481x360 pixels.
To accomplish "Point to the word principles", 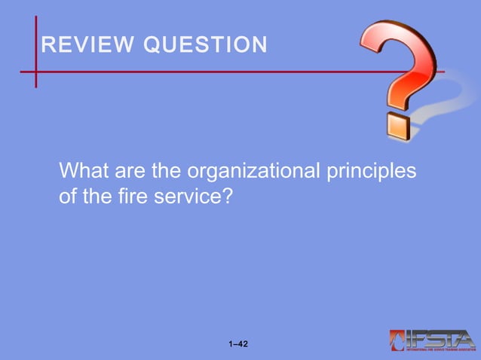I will click(370, 172).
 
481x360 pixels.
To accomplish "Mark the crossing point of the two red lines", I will click(35, 72).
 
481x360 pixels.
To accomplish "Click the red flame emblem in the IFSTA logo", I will click(398, 340).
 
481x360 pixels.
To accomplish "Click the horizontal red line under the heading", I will click(188, 72).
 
